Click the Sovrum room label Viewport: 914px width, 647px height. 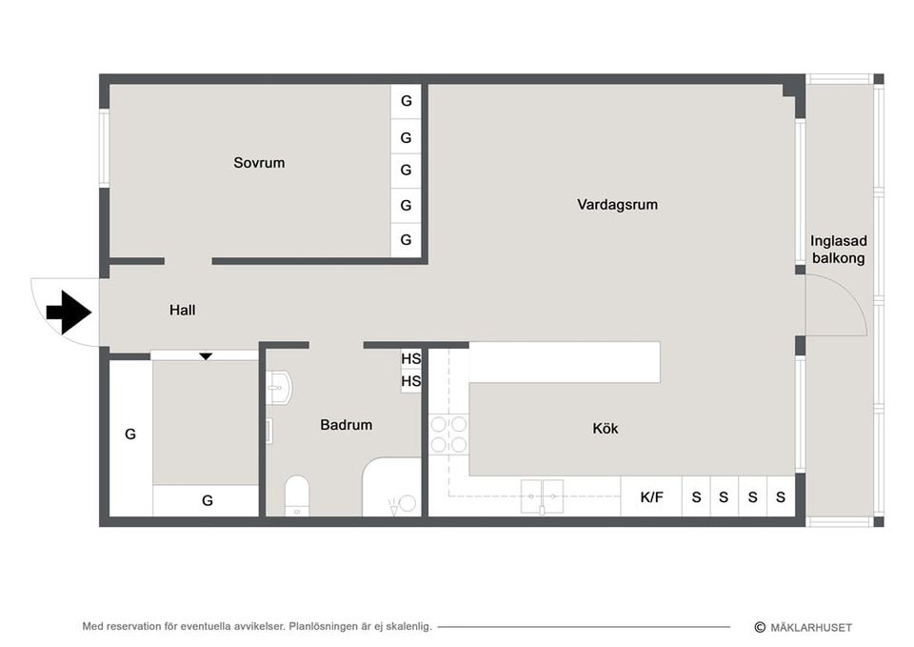click(x=259, y=163)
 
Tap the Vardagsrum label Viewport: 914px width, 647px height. click(x=617, y=205)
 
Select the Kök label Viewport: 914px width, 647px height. click(x=606, y=429)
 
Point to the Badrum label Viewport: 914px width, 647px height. click(x=346, y=425)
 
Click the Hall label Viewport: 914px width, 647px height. click(x=183, y=310)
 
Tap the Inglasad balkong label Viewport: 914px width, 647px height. click(x=838, y=250)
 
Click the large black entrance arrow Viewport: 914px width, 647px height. click(x=68, y=312)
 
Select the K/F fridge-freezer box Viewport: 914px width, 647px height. click(x=651, y=496)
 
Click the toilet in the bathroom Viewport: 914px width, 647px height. click(x=297, y=495)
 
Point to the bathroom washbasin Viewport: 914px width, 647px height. click(x=277, y=384)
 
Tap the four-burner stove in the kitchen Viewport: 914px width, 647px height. click(x=448, y=434)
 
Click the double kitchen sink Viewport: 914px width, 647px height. click(x=542, y=495)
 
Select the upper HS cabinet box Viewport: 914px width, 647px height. click(x=410, y=359)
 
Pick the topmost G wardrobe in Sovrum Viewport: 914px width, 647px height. click(x=406, y=101)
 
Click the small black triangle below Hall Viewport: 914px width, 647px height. click(x=206, y=356)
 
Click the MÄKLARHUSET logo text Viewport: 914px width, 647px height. click(x=809, y=627)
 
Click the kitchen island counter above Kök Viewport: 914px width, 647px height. click(x=565, y=362)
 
